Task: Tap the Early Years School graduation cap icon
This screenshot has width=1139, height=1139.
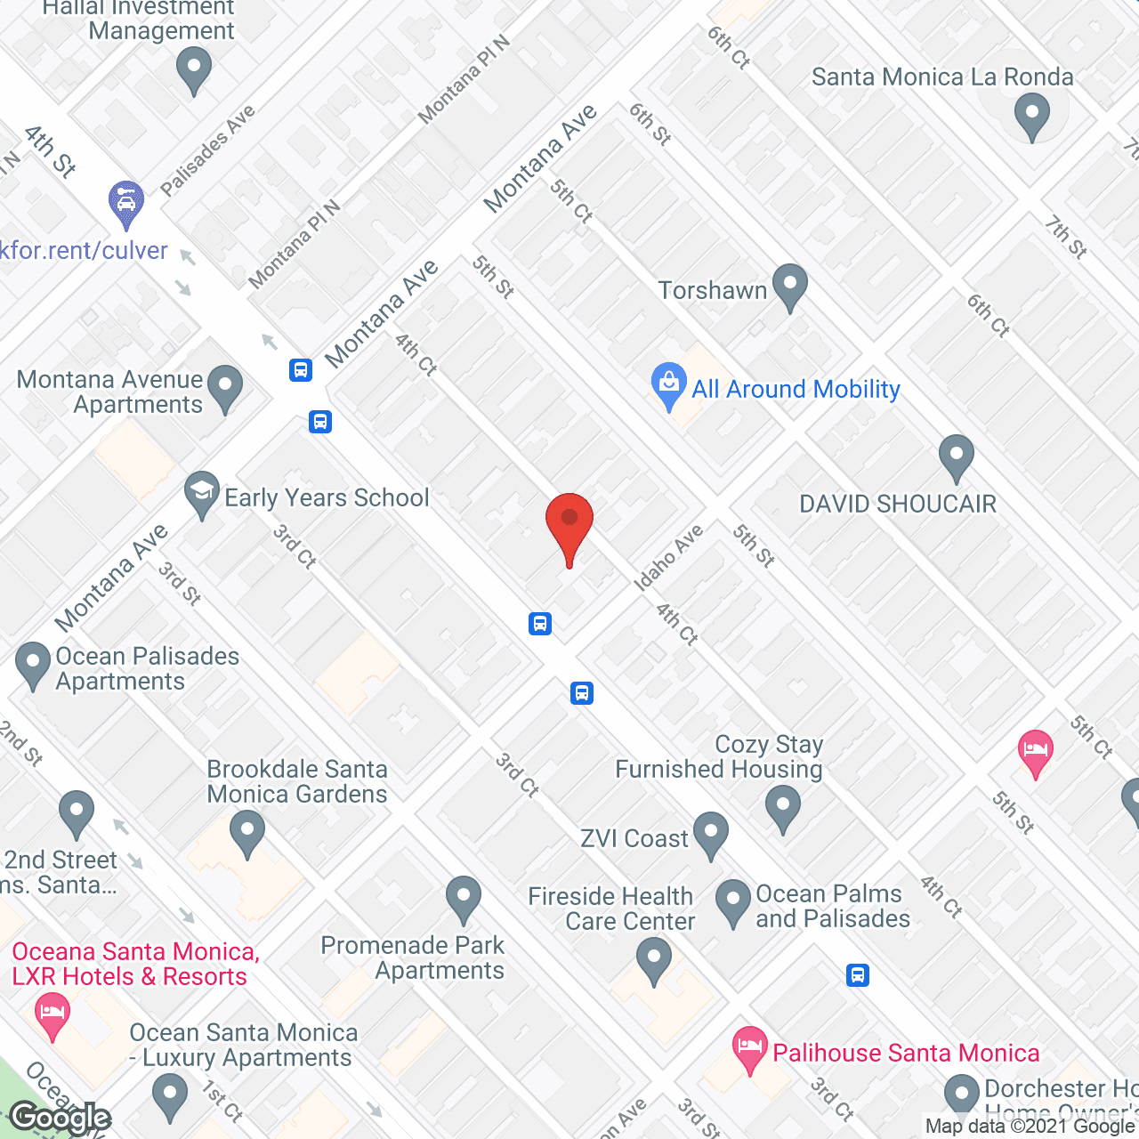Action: (x=202, y=493)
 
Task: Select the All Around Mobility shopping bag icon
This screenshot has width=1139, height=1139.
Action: (x=668, y=386)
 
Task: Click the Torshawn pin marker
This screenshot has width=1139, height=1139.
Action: (x=789, y=287)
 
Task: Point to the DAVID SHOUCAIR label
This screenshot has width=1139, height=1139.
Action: (x=898, y=505)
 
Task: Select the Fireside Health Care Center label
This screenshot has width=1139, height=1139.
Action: (x=611, y=909)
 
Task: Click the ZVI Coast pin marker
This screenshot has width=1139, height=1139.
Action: (x=710, y=835)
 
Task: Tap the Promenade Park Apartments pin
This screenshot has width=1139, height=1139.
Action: (x=463, y=899)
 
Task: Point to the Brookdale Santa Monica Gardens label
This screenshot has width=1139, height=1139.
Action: (x=297, y=781)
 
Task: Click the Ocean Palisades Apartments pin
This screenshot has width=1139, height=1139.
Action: (x=33, y=664)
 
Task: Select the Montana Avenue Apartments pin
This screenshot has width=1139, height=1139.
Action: (x=225, y=388)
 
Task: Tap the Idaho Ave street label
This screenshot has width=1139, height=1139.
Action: (x=668, y=558)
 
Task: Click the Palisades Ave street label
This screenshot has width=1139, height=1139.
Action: (x=207, y=150)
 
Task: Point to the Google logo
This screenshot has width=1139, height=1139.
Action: (x=61, y=1118)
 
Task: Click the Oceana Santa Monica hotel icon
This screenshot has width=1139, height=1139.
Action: (x=53, y=1014)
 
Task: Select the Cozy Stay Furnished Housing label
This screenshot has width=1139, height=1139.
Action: (x=719, y=756)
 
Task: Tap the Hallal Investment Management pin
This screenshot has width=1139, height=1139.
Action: (x=193, y=69)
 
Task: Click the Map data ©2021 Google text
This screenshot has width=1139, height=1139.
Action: (x=1030, y=1127)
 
